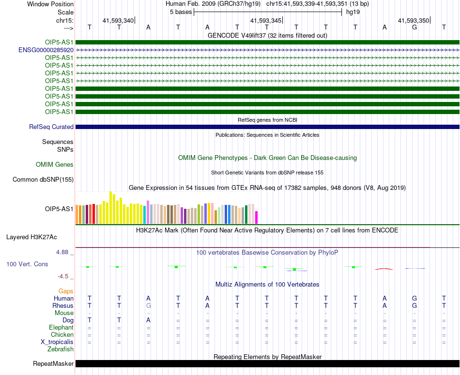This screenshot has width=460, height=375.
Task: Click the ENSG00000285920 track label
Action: (x=46, y=50)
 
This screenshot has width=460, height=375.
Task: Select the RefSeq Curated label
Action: (x=51, y=127)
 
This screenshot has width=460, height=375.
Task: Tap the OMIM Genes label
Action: (x=55, y=164)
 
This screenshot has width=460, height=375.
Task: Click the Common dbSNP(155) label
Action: (x=43, y=179)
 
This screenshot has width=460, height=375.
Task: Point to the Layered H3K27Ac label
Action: (x=31, y=237)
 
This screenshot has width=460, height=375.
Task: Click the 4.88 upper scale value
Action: (x=62, y=252)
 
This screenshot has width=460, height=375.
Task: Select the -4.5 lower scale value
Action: (x=63, y=276)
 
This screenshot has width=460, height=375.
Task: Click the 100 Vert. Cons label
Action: (x=27, y=264)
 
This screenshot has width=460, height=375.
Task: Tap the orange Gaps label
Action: (x=66, y=291)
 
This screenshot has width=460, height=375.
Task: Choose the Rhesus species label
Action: (x=63, y=305)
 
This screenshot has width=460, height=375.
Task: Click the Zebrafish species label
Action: (x=61, y=349)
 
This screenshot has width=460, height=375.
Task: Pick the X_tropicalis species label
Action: (x=57, y=342)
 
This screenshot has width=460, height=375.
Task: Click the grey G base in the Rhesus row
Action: (x=149, y=305)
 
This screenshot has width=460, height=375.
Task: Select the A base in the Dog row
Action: (x=149, y=320)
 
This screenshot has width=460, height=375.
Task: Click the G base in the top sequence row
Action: (x=414, y=27)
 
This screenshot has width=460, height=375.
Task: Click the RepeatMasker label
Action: (x=53, y=363)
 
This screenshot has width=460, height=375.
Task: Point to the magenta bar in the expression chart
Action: (x=256, y=217)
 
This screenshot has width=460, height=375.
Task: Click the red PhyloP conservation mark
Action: (x=384, y=269)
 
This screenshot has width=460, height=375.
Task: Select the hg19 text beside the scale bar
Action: (x=353, y=12)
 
